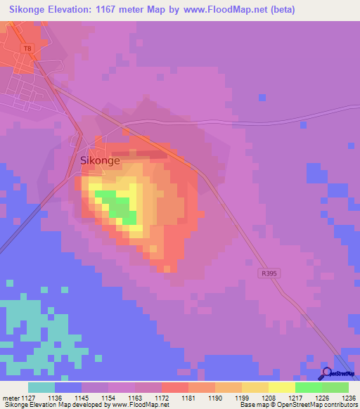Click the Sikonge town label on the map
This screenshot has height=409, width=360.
click(x=100, y=160)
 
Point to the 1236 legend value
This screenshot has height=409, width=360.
click(x=348, y=398)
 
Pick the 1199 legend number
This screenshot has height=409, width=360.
click(x=241, y=398)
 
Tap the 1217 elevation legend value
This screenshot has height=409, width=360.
click(x=295, y=398)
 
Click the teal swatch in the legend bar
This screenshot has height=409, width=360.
click(x=41, y=387)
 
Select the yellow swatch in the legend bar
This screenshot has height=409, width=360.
click(x=281, y=387)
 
